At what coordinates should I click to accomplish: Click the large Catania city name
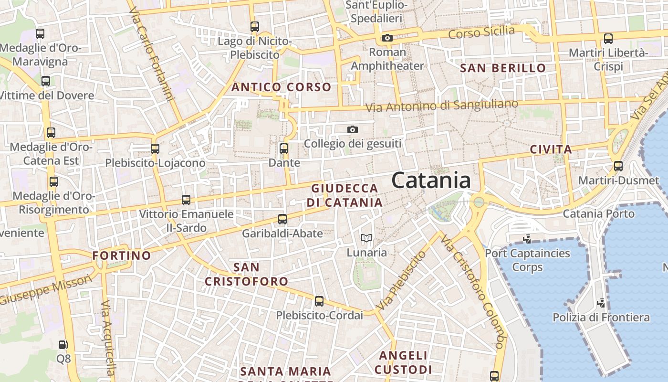coord(431,181)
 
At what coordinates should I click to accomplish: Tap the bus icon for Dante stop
coord(284,149)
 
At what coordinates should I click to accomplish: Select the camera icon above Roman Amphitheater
coord(387,38)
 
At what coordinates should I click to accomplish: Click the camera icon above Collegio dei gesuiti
coord(353,129)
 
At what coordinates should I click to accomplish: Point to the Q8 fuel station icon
coord(63,344)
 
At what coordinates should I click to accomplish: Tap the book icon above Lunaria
coord(366,238)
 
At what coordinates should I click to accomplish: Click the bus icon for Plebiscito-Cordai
coord(319,301)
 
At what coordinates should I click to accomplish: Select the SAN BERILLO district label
coord(503,68)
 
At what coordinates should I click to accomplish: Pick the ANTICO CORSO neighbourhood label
coord(281,87)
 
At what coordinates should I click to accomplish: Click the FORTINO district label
coord(122,255)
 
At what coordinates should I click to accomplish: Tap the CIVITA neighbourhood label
coord(551,149)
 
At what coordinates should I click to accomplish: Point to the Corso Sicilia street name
coord(482,33)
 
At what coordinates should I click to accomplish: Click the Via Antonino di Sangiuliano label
coord(442,105)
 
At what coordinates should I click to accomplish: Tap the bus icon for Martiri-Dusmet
coord(618,166)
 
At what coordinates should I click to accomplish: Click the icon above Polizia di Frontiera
coord(601,303)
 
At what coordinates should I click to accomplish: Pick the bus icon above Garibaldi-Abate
coord(282,219)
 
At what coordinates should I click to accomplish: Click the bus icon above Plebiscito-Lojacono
coord(155,149)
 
